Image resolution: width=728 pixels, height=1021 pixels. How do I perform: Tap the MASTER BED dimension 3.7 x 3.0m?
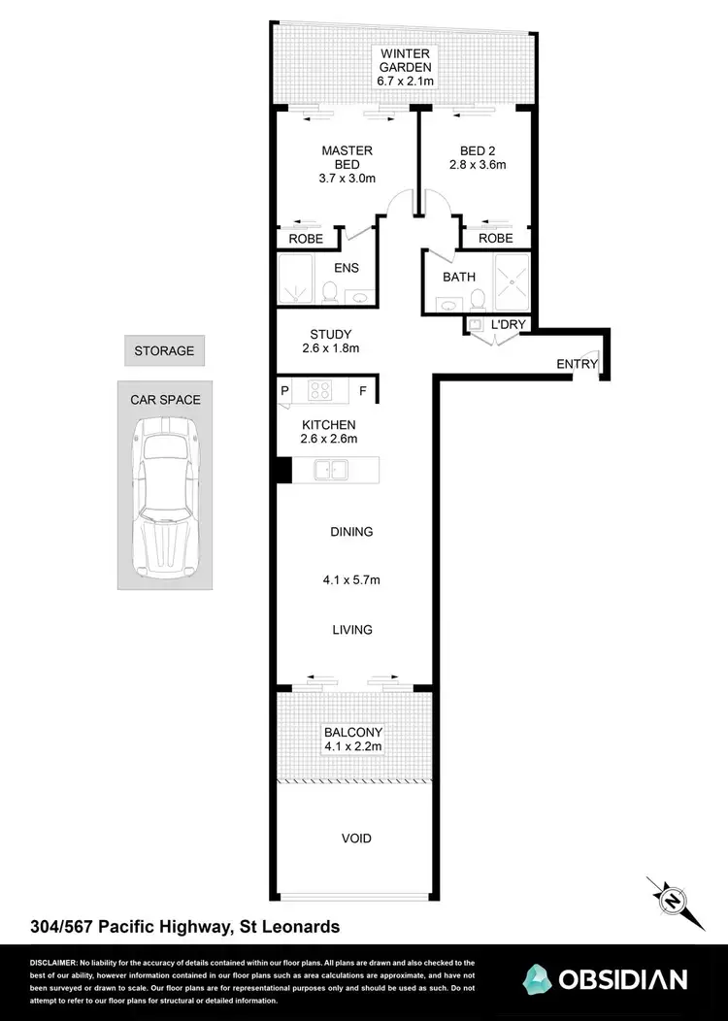pos(347,179)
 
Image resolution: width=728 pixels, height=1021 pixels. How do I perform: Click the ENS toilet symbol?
pos(329,291)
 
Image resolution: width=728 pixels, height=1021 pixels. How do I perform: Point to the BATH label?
pos(459,277)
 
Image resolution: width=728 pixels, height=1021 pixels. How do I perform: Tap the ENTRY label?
pos(577,364)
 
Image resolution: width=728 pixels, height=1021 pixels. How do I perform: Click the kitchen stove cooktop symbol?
pos(321,390)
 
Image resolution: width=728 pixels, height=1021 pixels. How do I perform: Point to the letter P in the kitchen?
pos(285,392)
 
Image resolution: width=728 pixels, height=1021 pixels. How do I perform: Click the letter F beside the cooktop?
pos(363,392)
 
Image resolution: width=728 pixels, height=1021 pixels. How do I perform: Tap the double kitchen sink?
pos(331,471)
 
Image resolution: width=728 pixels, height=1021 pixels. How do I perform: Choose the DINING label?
pos(351,532)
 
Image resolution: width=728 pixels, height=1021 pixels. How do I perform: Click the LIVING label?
pos(351,630)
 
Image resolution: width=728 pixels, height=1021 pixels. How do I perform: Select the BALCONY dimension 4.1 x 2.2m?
pos(352,746)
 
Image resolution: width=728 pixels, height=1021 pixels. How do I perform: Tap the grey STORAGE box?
pos(164,350)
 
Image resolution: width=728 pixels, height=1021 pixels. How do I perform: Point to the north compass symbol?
pos(671,900)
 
